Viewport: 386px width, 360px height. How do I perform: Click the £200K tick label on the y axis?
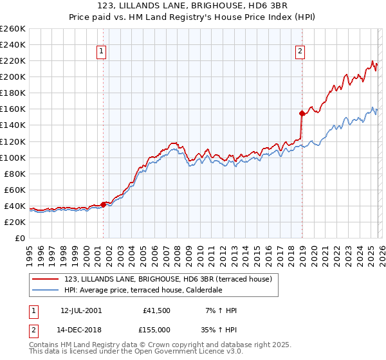(x=13, y=76)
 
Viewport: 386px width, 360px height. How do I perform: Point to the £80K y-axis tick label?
(x=15, y=174)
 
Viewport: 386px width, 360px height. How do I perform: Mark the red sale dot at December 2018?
(x=302, y=113)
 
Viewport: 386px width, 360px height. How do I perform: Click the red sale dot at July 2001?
(x=103, y=204)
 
